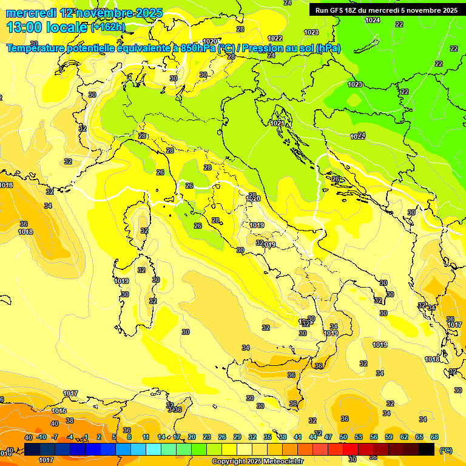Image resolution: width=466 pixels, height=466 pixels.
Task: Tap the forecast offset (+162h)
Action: [108, 27]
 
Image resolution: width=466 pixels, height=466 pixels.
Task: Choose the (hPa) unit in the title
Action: [328, 48]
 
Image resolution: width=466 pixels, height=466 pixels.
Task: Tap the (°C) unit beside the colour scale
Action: [445, 450]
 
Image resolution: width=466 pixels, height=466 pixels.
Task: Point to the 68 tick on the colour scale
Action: [434, 437]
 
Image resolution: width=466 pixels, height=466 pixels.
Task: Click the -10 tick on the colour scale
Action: [41, 437]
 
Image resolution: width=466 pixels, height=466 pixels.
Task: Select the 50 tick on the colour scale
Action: [343, 437]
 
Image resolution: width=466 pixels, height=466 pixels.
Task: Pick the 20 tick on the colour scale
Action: [192, 437]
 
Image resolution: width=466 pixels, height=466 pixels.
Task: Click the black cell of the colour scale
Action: [427, 449]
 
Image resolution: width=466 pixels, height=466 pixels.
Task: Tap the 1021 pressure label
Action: [277, 123]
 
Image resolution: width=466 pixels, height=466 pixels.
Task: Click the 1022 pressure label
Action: [275, 38]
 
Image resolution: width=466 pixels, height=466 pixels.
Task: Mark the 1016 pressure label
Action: [59, 411]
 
